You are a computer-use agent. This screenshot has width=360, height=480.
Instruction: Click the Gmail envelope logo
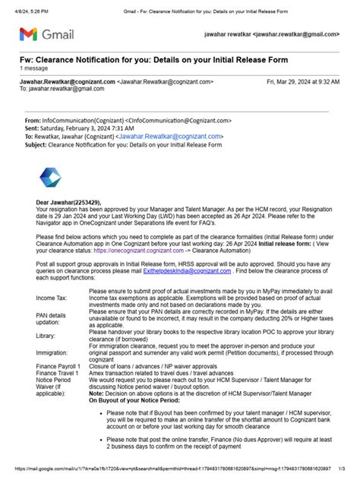[27, 34]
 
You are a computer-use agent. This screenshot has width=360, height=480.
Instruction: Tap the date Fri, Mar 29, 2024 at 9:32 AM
[302, 81]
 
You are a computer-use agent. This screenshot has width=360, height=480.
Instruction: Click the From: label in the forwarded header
[33, 121]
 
